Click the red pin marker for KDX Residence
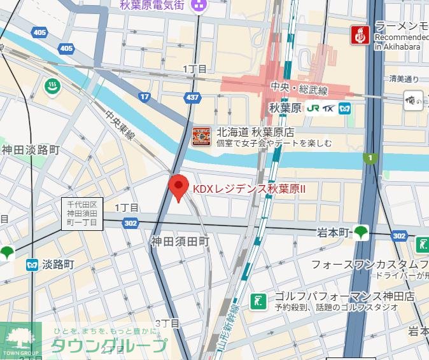click(178, 188)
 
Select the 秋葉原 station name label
click(285, 108)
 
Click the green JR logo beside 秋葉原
click(313, 108)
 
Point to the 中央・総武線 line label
click(299, 87)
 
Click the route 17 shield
click(145, 97)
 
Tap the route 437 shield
click(192, 97)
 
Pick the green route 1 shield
click(369, 157)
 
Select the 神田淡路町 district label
click(31, 150)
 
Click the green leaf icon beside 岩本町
click(362, 232)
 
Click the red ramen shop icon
click(360, 34)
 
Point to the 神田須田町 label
click(179, 242)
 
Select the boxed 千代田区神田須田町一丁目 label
click(82, 214)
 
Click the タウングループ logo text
click(108, 347)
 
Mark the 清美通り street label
click(404, 80)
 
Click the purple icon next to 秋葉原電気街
click(199, 6)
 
